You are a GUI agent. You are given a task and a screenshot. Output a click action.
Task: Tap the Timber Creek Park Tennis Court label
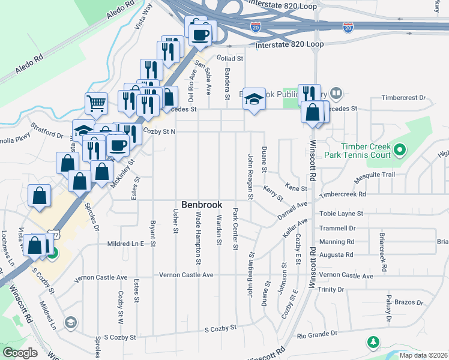tap(366, 151)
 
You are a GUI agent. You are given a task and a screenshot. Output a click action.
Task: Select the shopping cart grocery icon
tap(96, 104)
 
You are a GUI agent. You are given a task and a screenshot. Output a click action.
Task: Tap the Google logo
tap(20, 353)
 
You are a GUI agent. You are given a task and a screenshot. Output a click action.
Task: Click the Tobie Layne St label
tap(342, 214)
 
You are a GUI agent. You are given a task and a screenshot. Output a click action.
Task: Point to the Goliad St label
tap(231, 59)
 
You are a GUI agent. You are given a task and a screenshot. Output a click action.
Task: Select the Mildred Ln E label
tap(126, 244)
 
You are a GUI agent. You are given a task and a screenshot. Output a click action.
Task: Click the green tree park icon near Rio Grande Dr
tap(373, 342)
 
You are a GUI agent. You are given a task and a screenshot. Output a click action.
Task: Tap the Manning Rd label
tap(337, 242)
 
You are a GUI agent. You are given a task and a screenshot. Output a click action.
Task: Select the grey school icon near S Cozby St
tap(71, 323)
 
